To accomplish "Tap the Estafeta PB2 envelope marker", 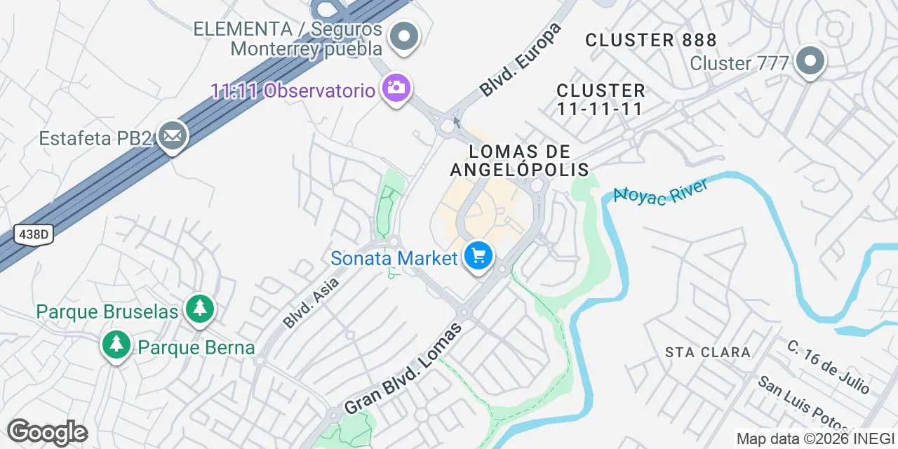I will pos(173,136).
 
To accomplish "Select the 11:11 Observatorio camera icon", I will pos(396,88).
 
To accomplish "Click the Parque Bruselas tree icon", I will pos(201,309).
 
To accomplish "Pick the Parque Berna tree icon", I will pos(116,344).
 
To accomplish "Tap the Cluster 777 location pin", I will pos(810,61).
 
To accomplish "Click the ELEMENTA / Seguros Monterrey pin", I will pos(404,36).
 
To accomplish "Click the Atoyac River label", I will pos(660,190).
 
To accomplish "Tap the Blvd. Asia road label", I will pos(311,302).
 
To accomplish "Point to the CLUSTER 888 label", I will pos(651,40).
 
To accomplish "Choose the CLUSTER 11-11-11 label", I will pos(601,100).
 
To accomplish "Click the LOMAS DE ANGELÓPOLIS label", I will pos(519,161).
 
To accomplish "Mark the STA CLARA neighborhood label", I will pos(707,352).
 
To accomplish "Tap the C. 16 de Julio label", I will pos(829,367).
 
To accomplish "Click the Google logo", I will pos(47,432).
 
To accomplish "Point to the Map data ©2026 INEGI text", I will pos(815,439).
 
